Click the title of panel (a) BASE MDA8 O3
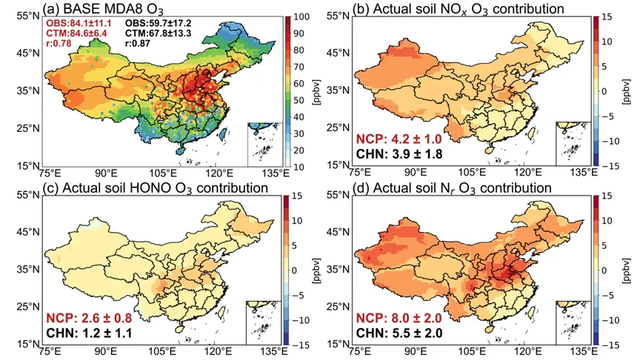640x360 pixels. tap(104, 9)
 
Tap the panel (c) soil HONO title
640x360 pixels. tap(156, 187)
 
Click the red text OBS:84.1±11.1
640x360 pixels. tap(79, 24)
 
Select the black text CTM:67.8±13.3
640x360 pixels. tap(158, 33)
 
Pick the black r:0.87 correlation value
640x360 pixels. tap(138, 43)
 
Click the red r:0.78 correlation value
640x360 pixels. tap(59, 43)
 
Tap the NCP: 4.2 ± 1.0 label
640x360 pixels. tap(399, 139)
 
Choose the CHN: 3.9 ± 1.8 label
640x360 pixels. tap(399, 154)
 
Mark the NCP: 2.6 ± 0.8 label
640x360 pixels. tap(89, 318)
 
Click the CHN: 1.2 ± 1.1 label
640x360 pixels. tap(89, 333)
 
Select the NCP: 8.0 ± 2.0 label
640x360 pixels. tap(399, 318)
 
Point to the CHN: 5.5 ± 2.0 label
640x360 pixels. tap(399, 333)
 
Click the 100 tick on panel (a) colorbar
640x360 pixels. tap(302, 17)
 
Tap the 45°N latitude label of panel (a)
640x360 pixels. tap(28, 53)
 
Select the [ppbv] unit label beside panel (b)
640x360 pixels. tap(627, 92)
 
